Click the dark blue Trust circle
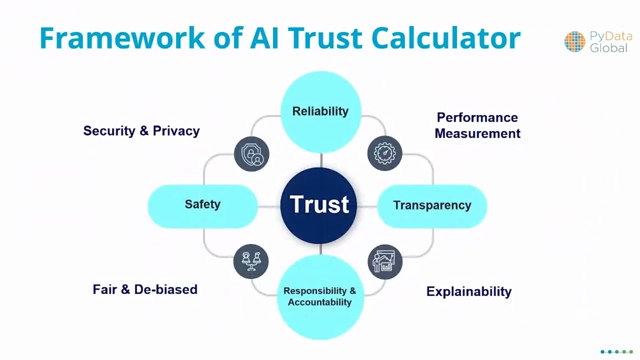(x=318, y=205)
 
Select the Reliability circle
(x=320, y=111)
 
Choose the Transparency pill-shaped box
(x=432, y=205)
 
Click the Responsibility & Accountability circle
(x=320, y=296)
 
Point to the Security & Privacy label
(x=141, y=131)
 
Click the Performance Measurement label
(x=477, y=125)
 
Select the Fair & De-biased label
(x=145, y=289)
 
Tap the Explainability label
(x=468, y=291)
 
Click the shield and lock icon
(x=251, y=154)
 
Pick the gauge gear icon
(x=384, y=153)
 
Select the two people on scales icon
(x=251, y=261)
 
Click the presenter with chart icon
(x=384, y=261)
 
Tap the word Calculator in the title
(x=445, y=38)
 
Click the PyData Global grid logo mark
(x=574, y=42)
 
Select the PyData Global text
(x=610, y=42)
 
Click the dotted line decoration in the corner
(x=616, y=352)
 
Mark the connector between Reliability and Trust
(x=320, y=160)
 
